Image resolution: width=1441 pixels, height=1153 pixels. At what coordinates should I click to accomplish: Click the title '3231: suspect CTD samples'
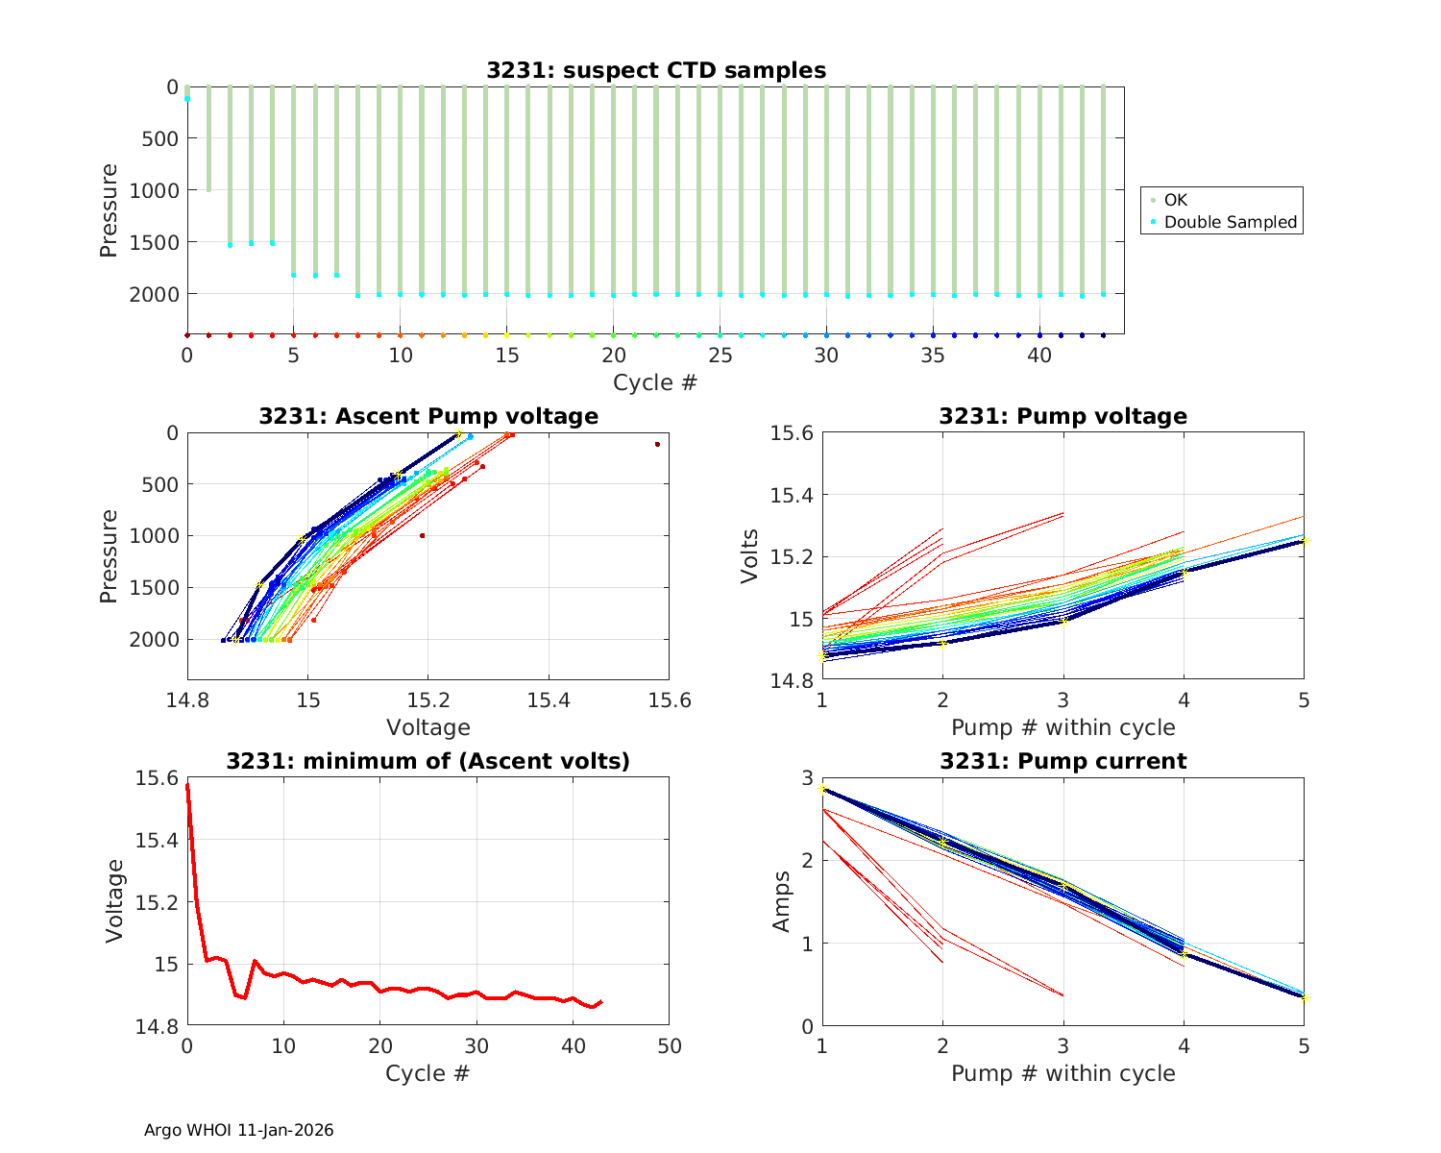coord(655,70)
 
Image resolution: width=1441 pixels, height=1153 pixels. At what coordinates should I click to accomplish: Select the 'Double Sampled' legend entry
coord(1230,222)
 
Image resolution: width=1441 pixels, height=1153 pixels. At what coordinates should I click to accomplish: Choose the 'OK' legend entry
coord(1175,200)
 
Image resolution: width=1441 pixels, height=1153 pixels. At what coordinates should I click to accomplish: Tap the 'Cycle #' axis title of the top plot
coord(655,382)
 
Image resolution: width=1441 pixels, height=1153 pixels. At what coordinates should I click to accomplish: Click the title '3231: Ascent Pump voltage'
coord(427,416)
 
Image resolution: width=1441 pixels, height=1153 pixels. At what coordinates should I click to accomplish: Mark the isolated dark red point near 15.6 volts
coord(657,444)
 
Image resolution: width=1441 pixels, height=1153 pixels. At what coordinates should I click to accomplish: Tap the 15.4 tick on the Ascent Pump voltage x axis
coord(549,699)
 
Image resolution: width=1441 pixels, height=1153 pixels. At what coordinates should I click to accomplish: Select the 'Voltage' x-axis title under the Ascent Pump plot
coord(427,727)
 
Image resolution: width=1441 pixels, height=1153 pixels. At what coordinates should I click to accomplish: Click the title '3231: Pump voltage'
coord(1062,416)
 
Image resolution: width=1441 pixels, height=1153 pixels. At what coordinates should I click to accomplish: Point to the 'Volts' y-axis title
coord(750,556)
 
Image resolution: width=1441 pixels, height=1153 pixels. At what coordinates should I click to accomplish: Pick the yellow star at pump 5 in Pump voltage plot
coord(1304,541)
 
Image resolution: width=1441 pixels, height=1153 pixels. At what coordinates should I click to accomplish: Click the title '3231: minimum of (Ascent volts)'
coord(427,762)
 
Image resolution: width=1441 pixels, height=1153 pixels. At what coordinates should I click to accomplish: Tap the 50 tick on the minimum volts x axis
coord(669,1045)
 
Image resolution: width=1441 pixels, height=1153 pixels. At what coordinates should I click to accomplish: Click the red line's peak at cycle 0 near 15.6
coord(187,785)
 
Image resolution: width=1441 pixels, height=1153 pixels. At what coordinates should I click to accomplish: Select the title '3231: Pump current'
coord(1062,762)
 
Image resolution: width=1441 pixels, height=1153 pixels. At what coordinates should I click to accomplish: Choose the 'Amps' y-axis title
coord(783,901)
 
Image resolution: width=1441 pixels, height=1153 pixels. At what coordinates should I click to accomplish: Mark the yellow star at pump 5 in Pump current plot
coord(1304,998)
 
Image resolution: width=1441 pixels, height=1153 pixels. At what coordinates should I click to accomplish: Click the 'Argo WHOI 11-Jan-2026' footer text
coord(238,1131)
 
